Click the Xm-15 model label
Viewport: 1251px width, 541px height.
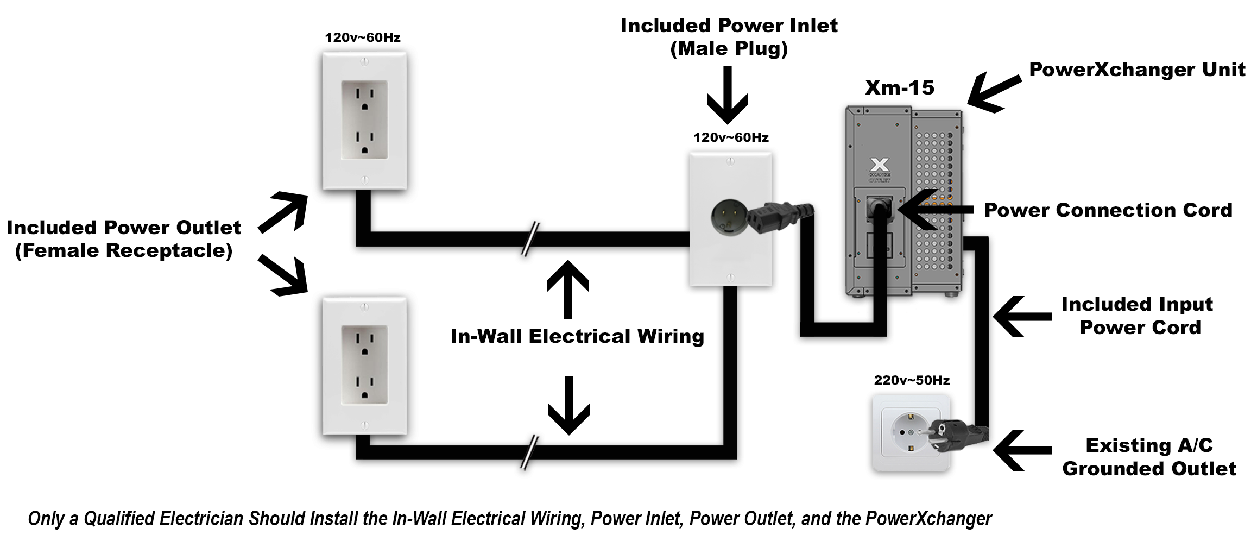[899, 87]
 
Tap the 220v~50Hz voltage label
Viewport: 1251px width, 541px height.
[912, 380]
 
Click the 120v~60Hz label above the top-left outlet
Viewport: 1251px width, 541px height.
[363, 37]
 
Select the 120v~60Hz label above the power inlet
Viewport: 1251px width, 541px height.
[731, 137]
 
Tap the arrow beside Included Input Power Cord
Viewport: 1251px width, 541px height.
[1021, 316]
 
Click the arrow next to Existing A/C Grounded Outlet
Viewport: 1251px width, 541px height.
[1021, 450]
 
